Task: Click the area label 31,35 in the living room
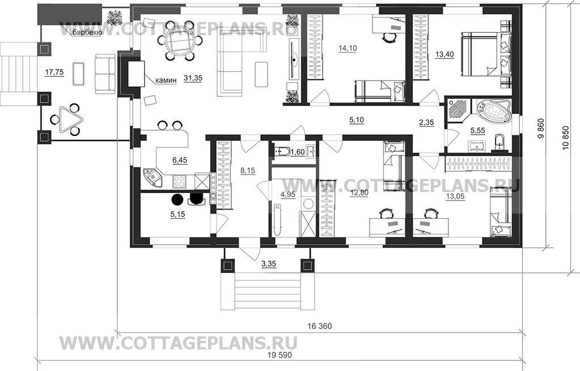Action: point(193,78)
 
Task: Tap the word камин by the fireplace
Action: point(166,81)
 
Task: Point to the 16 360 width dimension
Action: point(320,326)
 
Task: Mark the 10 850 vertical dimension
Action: point(565,138)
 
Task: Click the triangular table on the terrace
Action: point(70,119)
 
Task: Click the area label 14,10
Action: point(348,48)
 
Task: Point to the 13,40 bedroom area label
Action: point(444,54)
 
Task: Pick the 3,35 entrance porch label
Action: point(269,264)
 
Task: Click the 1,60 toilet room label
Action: point(298,151)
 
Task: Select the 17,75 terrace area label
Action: point(54,73)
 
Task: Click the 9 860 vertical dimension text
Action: point(541,130)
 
